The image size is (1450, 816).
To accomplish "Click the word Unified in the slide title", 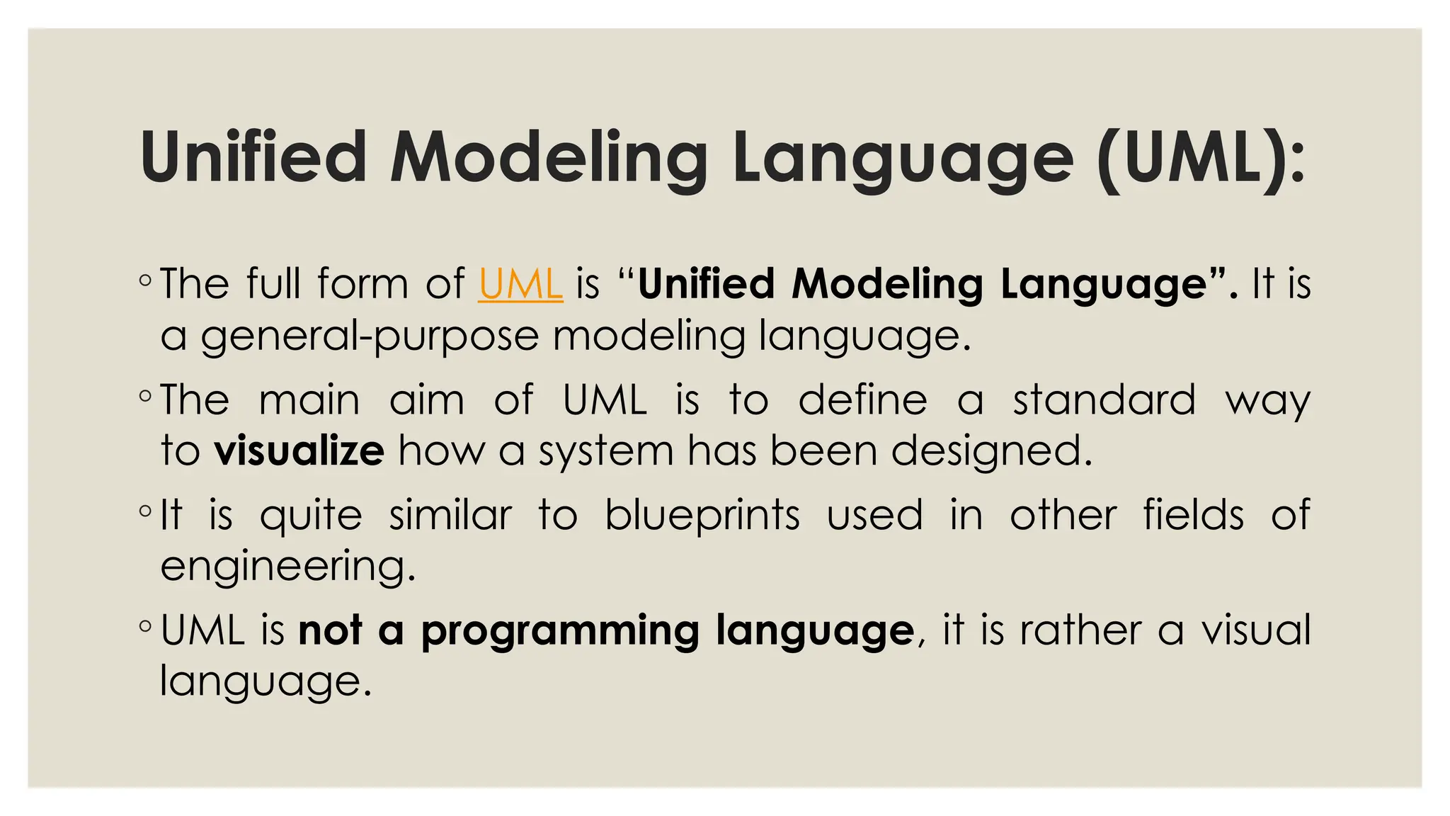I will click(253, 157).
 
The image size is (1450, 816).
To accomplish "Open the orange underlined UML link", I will click(520, 284).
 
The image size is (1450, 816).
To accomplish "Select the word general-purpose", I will click(370, 336).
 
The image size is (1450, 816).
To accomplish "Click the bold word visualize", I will click(299, 451).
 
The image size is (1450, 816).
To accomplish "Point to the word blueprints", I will click(702, 515).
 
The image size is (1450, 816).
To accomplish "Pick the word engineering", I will click(287, 567).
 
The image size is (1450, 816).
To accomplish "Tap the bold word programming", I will click(560, 630).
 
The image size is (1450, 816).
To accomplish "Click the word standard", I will click(1104, 399).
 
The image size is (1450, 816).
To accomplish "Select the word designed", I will click(991, 451).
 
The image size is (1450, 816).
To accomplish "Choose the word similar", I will click(450, 515).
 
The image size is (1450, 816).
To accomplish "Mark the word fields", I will click(1194, 515).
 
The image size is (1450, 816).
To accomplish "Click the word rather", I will click(1081, 630).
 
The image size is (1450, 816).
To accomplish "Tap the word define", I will click(862, 399).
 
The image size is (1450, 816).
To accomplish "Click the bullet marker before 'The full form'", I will click(145, 280).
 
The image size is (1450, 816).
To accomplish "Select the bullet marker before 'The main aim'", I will click(145, 397).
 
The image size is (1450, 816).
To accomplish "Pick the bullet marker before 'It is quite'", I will click(145, 511).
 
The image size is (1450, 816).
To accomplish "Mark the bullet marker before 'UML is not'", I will click(145, 627).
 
